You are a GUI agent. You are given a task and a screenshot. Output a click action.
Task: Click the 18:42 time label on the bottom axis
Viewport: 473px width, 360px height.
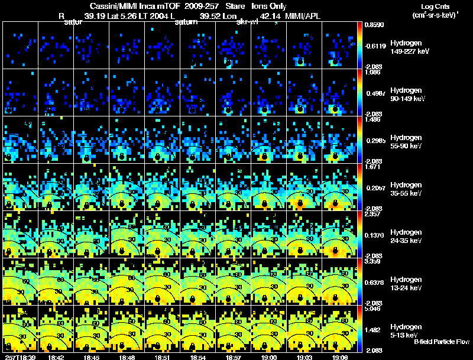tap(56, 357)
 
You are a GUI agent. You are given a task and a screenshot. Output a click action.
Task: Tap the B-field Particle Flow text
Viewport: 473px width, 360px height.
tap(441, 342)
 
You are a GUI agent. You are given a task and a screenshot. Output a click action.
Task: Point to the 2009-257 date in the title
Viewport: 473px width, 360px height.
tap(200, 7)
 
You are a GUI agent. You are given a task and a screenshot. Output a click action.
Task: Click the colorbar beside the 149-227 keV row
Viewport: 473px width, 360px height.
tap(360, 45)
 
